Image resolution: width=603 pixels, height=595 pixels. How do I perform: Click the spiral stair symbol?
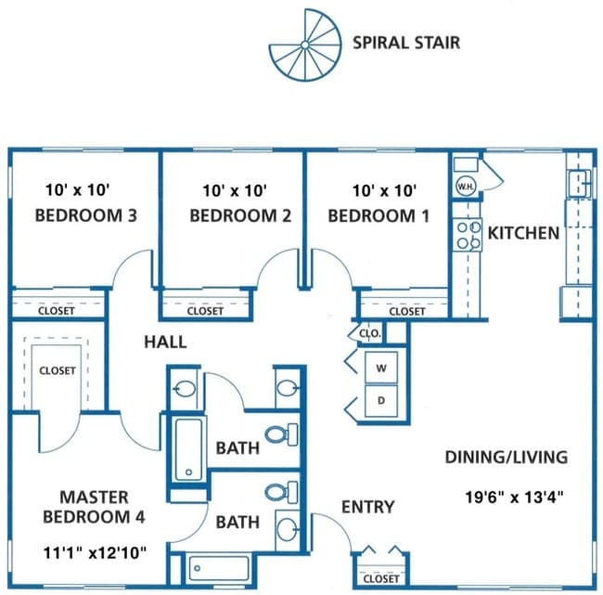point(305,45)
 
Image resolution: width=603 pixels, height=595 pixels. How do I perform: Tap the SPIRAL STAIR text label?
point(406,43)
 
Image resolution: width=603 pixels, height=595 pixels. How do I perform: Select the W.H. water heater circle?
point(466,187)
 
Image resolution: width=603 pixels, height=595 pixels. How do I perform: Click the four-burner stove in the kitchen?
point(468,235)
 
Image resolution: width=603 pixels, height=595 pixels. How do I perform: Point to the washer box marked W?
point(381,368)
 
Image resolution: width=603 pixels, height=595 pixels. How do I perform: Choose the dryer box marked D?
point(381,401)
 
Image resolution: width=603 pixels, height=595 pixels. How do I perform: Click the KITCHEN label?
point(523,233)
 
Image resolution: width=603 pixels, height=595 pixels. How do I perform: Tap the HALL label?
point(165,343)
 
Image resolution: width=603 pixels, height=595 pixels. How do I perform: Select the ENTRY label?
point(368,507)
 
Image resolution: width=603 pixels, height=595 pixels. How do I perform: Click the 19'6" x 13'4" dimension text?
point(514,497)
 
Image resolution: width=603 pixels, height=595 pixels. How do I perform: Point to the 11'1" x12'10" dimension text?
point(95,553)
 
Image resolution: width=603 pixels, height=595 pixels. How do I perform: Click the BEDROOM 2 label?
point(240,215)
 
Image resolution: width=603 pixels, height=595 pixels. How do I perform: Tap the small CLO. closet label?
point(370,333)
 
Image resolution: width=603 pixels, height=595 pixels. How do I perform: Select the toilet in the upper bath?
point(282,434)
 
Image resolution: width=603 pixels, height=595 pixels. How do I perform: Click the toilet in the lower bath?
point(282,492)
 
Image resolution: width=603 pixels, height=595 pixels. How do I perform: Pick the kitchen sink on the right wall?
point(580,184)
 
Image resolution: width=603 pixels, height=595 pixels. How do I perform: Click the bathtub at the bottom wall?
point(219,568)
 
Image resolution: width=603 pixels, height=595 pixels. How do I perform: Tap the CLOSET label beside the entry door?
point(381,579)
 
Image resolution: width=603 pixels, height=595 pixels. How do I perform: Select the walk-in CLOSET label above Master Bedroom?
point(58,370)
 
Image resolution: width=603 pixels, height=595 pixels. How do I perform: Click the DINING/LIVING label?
point(507,458)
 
